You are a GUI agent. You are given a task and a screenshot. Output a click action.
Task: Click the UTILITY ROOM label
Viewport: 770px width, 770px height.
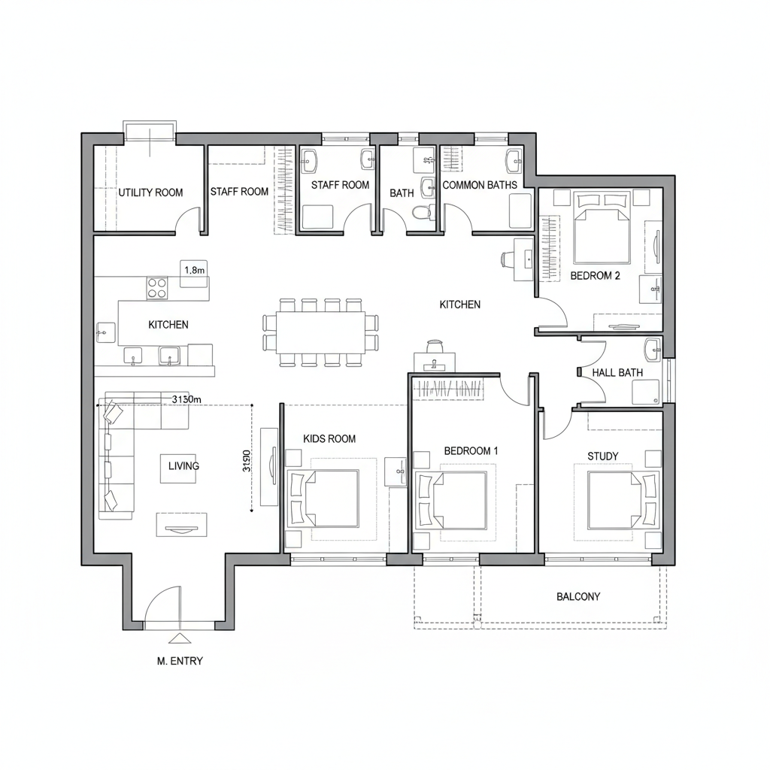150,192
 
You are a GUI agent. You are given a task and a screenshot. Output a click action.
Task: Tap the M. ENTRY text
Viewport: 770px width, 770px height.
180,661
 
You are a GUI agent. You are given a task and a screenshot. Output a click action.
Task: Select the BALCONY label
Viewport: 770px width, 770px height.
578,596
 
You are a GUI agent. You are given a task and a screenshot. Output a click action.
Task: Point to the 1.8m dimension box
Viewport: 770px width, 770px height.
195,270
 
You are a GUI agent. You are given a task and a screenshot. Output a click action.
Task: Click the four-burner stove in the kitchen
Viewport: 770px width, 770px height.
157,287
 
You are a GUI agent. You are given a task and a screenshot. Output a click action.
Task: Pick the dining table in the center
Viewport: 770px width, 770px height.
320,332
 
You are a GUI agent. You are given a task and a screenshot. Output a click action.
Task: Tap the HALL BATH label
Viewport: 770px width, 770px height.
617,372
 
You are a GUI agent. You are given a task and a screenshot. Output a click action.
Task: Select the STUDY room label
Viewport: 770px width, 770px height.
602,456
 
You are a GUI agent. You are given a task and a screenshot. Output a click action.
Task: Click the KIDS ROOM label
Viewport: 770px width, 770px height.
329,438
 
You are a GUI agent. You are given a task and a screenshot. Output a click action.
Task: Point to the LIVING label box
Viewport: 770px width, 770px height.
183,466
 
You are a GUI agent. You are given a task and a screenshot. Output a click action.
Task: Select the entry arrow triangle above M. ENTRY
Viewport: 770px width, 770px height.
179,638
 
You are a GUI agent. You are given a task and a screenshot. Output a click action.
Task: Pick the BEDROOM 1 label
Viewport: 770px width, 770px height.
471,450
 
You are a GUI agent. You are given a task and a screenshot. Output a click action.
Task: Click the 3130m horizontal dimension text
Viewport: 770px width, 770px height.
187,399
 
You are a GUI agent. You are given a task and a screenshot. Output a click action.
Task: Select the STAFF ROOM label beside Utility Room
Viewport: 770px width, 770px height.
239,192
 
